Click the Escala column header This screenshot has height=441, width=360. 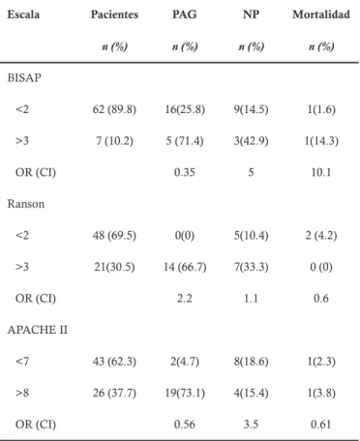tap(23, 15)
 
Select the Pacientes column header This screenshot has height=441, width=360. tap(114, 15)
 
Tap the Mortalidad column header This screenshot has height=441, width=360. tap(321, 15)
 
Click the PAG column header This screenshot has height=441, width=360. tap(185, 15)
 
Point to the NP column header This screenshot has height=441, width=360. tap(251, 15)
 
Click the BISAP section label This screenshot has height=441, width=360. tap(24, 77)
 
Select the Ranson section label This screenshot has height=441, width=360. tap(26, 204)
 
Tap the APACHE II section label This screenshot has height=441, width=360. tap(38, 330)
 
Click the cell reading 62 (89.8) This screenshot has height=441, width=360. tap(114, 109)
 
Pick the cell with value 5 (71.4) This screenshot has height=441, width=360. tap(185, 141)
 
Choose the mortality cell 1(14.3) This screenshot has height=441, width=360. tap(321, 141)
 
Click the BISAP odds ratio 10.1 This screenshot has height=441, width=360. tap(321, 172)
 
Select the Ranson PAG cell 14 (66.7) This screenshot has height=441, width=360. tap(185, 267)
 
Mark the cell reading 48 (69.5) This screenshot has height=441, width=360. tap(114, 235)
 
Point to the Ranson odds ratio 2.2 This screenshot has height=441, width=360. tap(185, 298)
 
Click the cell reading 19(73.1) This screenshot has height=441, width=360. tap(185, 393)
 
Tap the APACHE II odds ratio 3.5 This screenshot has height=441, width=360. tap(251, 425)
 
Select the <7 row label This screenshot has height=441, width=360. tap(22, 362)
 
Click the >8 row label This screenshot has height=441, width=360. tap(22, 393)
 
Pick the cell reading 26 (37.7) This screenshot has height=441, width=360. tap(114, 393)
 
